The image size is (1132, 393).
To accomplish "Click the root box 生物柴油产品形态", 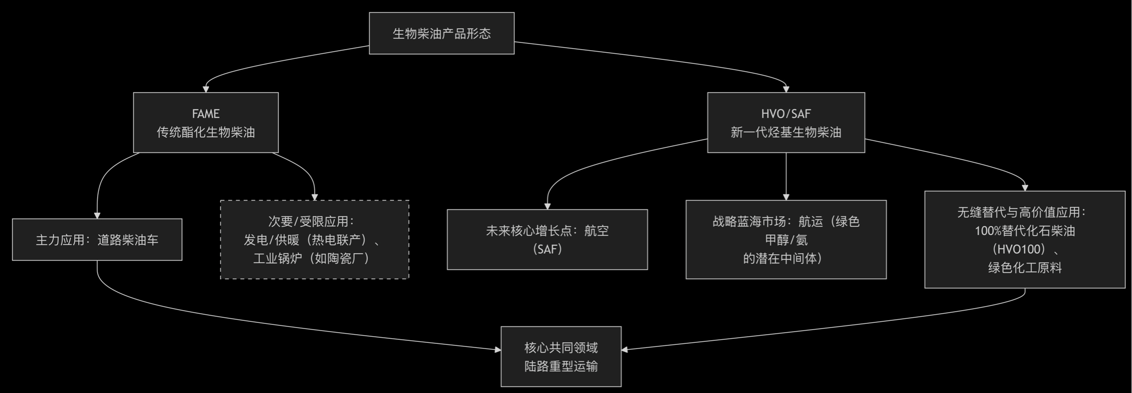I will (x=441, y=33).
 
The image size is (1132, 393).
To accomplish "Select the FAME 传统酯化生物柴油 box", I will (x=206, y=123).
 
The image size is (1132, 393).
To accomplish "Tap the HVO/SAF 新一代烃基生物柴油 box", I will (x=786, y=123).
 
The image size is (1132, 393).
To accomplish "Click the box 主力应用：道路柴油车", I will (x=97, y=239).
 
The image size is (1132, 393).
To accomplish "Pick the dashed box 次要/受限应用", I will (x=314, y=239).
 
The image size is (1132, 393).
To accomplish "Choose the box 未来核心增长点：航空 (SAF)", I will (x=547, y=239).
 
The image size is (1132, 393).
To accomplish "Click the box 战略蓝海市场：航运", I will (x=786, y=239).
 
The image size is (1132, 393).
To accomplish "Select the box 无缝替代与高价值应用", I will (x=1025, y=239).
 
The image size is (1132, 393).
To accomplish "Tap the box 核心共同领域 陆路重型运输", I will (x=561, y=357).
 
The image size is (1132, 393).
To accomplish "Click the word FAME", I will (x=206, y=114).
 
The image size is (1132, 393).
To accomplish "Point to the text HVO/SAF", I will (x=786, y=114).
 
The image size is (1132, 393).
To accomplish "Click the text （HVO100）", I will (x=1025, y=249).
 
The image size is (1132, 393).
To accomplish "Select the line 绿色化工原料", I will (x=1025, y=268).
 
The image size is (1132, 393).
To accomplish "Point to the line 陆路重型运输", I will (x=561, y=366).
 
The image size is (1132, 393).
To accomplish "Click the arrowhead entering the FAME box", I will (x=206, y=89).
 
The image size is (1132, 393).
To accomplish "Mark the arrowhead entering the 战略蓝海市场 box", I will (x=786, y=197).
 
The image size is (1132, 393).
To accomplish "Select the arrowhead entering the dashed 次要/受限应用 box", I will (x=315, y=197).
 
